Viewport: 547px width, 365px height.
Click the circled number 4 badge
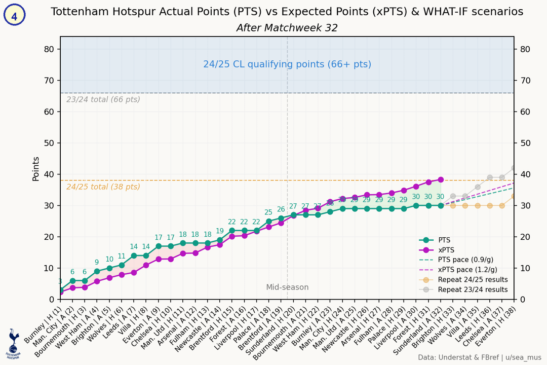(14, 16)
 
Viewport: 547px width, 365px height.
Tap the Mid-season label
(287, 287)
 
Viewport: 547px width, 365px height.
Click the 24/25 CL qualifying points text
(287, 64)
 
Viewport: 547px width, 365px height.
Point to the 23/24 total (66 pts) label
(103, 99)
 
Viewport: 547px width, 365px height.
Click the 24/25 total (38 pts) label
(103, 187)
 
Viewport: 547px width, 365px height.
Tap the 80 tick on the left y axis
(49, 49)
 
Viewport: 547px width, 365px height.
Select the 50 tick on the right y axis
(525, 143)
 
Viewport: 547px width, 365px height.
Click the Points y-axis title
(36, 168)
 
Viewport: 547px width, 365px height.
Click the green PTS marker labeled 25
(269, 221)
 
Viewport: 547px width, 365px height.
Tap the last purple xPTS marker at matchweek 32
(441, 179)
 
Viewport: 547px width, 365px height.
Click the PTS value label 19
(220, 231)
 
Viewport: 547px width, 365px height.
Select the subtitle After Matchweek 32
(287, 28)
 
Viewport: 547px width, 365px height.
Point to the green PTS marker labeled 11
(122, 265)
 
